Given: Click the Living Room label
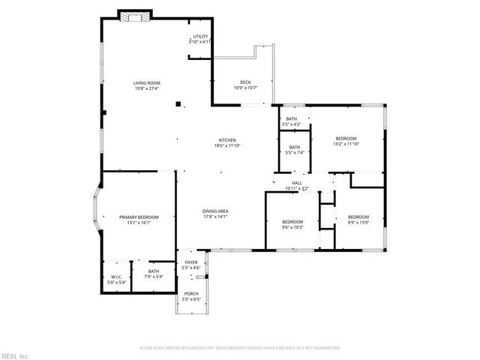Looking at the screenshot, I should point(147,85).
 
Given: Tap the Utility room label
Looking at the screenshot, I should point(200,39).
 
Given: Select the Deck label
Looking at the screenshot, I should point(245,85).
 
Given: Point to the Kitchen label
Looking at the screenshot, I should point(227,142).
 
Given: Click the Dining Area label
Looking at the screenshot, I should point(215,214).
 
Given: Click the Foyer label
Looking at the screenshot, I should point(192,265).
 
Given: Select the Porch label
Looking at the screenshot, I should point(192,296).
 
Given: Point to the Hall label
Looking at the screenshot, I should point(297,185).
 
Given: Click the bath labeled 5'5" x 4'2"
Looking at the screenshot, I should point(291,121).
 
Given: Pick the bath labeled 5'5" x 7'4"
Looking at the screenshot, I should point(295,150).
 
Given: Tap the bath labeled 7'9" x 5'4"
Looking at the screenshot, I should point(154,274).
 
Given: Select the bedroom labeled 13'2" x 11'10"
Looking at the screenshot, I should point(346,141).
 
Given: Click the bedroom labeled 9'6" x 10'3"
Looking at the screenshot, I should point(292,224).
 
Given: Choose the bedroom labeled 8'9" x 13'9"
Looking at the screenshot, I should point(358,220).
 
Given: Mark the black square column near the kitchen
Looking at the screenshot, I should point(178,104).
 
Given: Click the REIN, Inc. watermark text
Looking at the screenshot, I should point(15,355).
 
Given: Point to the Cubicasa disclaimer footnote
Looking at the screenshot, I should point(240,348).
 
